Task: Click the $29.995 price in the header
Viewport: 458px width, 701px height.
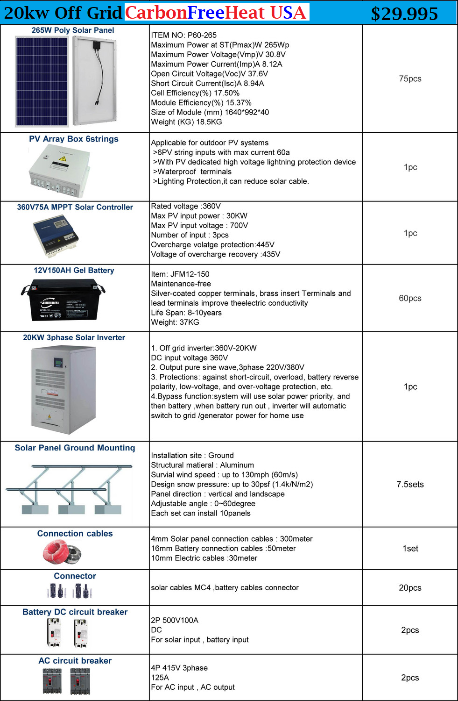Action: (404, 14)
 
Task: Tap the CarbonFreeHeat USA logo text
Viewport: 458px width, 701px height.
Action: (215, 13)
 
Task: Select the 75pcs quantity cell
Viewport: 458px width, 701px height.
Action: (410, 79)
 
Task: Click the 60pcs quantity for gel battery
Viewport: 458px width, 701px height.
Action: (410, 298)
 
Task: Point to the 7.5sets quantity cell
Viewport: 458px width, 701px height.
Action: (410, 484)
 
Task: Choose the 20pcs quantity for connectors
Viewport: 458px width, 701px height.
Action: (410, 587)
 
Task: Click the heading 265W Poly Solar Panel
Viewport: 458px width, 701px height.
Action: (73, 30)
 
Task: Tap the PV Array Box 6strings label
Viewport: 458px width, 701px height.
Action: (74, 139)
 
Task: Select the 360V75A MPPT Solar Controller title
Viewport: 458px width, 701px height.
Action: (75, 207)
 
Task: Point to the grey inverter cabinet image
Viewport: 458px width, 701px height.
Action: (63, 390)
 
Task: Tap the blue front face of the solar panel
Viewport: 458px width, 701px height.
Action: (42, 82)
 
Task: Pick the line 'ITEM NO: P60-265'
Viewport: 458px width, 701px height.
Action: (183, 35)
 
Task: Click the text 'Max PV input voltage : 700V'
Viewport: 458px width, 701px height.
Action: (199, 225)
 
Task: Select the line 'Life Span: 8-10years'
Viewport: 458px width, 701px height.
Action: (186, 313)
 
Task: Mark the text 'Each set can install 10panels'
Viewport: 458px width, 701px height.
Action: (201, 513)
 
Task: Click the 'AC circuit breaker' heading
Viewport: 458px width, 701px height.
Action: (75, 660)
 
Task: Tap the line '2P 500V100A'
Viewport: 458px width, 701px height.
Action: (175, 620)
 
